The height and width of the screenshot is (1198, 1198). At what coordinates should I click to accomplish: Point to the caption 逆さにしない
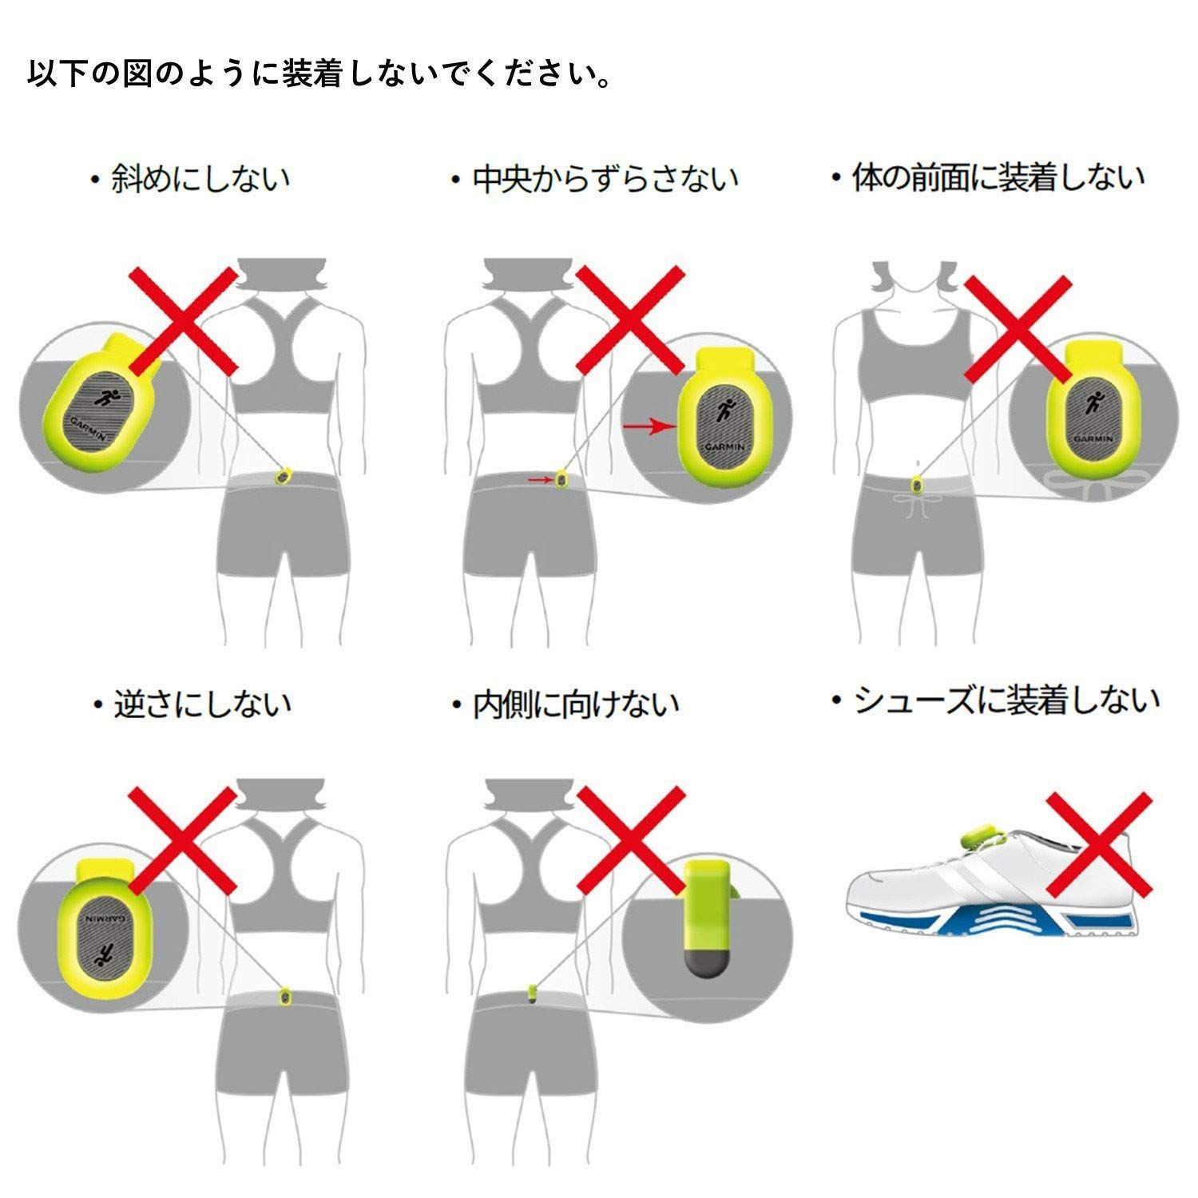192,704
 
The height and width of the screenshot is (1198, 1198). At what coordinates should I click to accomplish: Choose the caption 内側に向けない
565,704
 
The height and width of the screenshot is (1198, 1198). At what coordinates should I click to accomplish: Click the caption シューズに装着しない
995,700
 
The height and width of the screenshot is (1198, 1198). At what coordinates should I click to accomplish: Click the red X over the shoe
1099,843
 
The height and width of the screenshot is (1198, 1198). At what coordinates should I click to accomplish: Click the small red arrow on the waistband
541,480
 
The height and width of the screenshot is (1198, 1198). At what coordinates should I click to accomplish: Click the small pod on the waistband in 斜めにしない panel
282,476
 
